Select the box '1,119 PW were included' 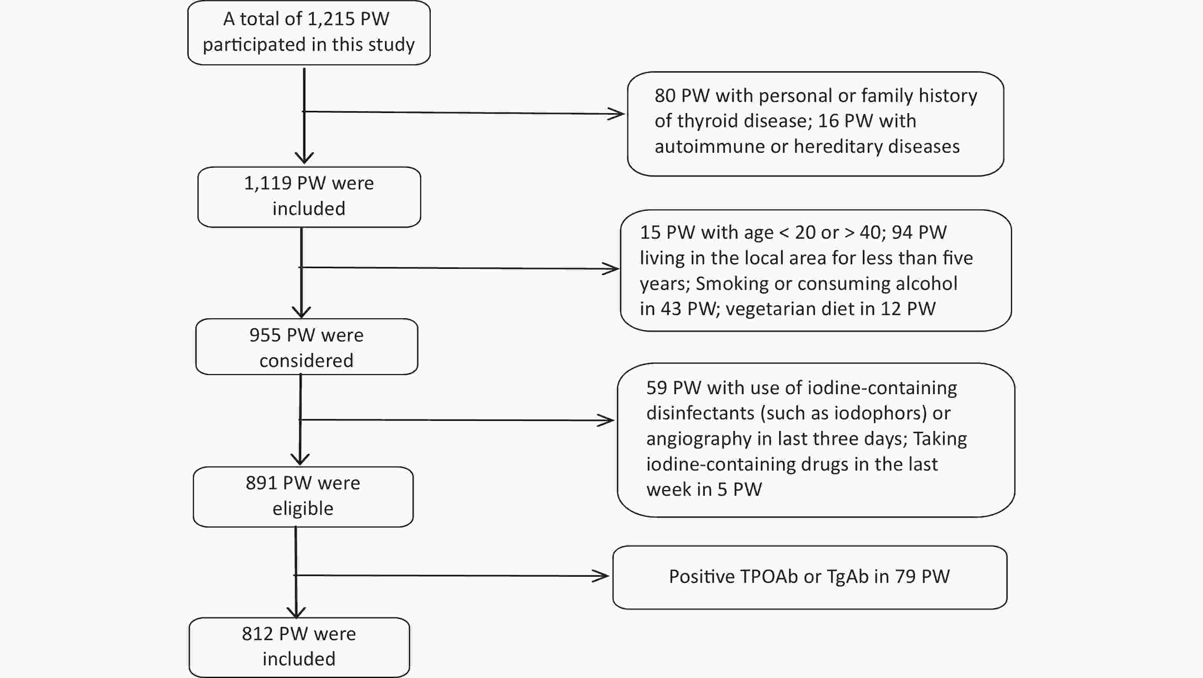click(x=309, y=197)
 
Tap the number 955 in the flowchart click(x=264, y=335)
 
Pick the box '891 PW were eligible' click(x=303, y=497)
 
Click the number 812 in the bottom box click(x=257, y=634)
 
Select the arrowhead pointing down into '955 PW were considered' click(x=301, y=312)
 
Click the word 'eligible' click(x=303, y=509)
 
